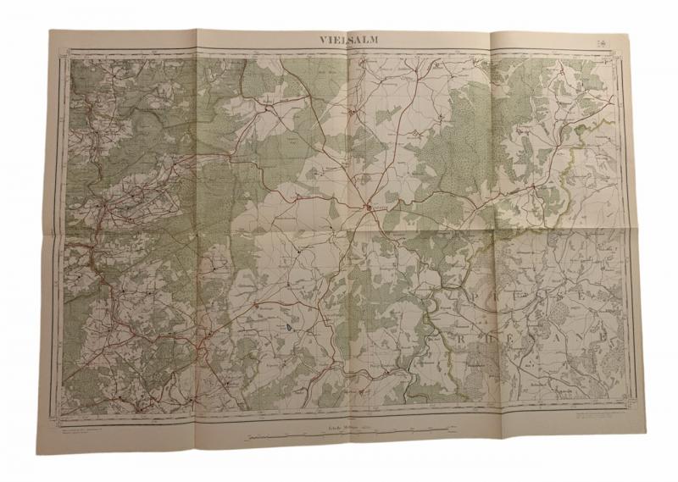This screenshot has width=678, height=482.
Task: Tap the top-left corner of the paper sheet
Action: [48, 31]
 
